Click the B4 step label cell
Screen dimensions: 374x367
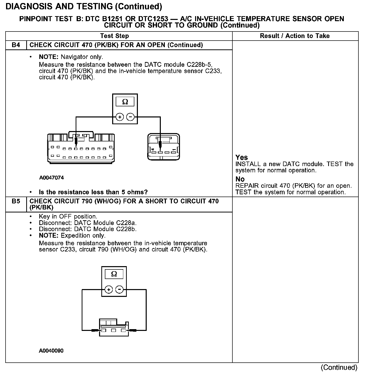coord(16,45)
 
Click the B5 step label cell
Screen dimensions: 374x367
coord(16,201)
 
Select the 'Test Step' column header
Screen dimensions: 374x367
coord(114,36)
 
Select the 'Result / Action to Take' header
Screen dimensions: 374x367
coord(295,36)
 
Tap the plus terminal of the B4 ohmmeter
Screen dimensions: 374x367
coord(119,117)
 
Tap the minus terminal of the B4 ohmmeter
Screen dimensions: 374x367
coord(130,117)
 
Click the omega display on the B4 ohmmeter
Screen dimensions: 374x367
coord(125,102)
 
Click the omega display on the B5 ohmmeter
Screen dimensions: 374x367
coord(114,274)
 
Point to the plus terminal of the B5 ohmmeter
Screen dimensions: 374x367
coord(109,290)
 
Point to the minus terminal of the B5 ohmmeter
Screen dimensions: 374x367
coord(119,290)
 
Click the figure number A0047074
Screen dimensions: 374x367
coord(51,178)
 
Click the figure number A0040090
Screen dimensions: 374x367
coord(51,351)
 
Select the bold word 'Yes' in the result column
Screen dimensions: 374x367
coord(241,158)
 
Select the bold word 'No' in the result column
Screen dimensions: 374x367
coord(240,179)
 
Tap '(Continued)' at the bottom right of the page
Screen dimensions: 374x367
coord(339,367)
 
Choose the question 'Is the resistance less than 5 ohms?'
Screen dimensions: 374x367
coord(93,192)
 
